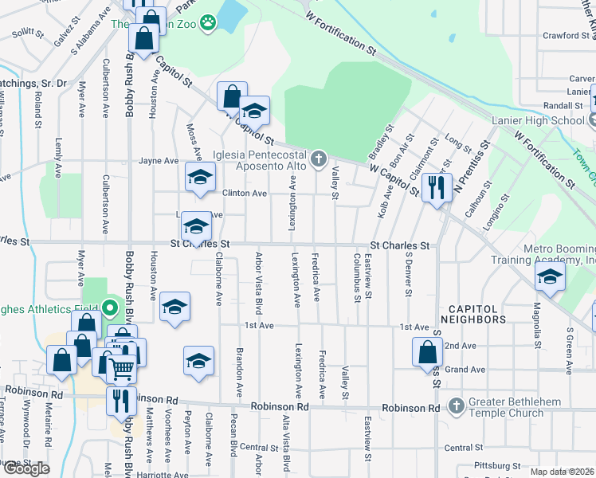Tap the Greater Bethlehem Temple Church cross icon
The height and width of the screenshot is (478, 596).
click(456, 405)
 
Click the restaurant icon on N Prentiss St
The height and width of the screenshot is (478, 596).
click(436, 188)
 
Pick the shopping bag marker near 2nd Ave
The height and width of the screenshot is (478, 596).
click(428, 351)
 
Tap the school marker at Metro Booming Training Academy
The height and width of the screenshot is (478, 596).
click(550, 278)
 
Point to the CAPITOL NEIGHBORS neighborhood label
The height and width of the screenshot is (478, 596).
click(477, 313)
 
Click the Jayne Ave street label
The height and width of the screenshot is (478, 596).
click(159, 160)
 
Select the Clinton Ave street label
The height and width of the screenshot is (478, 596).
click(244, 194)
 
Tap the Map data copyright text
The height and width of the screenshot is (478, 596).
click(563, 472)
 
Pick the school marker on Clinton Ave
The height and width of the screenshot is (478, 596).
click(199, 177)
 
